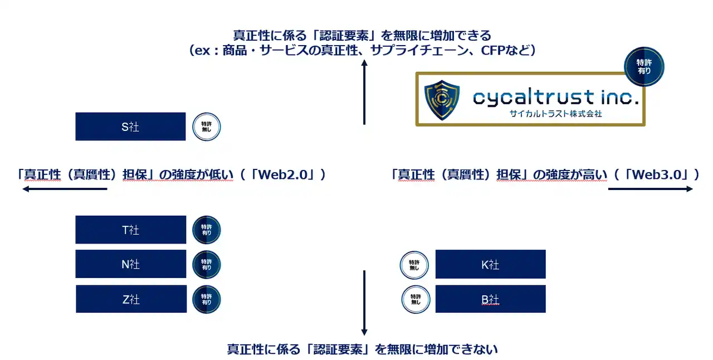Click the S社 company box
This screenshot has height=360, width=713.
(130, 127)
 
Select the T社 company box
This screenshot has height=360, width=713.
(130, 230)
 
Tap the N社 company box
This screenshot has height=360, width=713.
(130, 264)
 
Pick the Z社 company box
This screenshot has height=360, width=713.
(130, 299)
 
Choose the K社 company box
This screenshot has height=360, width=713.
(490, 264)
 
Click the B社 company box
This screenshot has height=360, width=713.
(490, 299)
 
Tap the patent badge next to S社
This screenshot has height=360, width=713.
(207, 127)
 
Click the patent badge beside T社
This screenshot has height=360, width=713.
(207, 230)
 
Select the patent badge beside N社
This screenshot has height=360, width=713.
(207, 264)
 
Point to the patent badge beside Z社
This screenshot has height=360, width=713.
(207, 299)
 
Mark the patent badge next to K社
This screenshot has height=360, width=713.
(414, 265)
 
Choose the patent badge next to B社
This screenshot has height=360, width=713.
(416, 299)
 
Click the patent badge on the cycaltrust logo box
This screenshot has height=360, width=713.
(644, 66)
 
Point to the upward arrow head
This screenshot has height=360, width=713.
(364, 64)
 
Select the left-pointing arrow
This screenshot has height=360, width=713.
(64, 189)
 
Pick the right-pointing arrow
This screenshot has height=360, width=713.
(651, 189)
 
